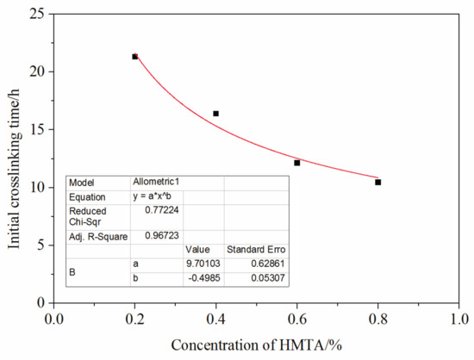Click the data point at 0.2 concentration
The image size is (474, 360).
click(135, 57)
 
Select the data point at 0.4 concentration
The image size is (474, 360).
click(216, 114)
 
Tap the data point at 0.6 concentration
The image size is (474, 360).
click(297, 163)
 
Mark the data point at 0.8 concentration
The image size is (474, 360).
click(378, 183)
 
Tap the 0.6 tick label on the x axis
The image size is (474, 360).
click(297, 318)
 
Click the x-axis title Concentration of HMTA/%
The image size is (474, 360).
click(257, 345)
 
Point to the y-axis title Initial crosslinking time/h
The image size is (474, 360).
click(14, 158)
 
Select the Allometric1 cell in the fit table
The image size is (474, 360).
click(156, 183)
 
